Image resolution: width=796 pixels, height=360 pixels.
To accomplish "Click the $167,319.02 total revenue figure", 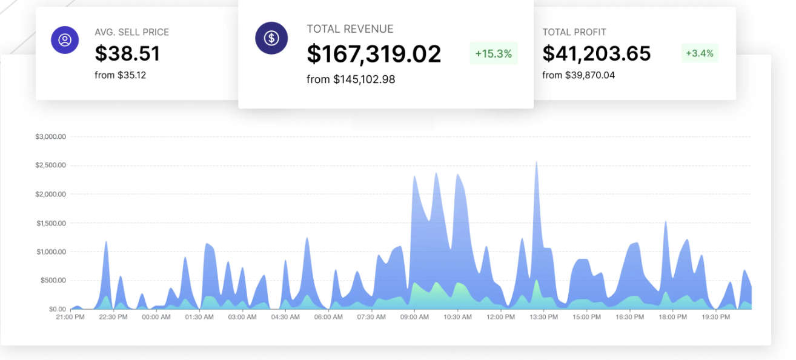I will pyautogui.click(x=374, y=54).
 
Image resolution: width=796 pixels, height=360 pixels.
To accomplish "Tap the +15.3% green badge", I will pyautogui.click(x=493, y=53).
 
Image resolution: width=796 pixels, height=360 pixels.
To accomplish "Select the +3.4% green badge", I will pyautogui.click(x=699, y=53).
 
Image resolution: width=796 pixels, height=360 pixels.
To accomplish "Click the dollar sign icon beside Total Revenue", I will pyautogui.click(x=271, y=38).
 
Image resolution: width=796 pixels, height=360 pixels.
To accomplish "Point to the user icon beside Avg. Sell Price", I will pyautogui.click(x=65, y=40).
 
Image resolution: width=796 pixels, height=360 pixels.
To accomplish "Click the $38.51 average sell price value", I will pyautogui.click(x=127, y=54).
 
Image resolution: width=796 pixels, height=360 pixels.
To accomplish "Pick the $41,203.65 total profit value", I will pyautogui.click(x=596, y=54).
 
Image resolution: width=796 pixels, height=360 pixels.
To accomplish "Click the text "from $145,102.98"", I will pyautogui.click(x=351, y=79).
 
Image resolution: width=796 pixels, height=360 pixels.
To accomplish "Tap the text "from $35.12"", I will pyautogui.click(x=120, y=75).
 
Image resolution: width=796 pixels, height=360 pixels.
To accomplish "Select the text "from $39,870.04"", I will pyautogui.click(x=578, y=75).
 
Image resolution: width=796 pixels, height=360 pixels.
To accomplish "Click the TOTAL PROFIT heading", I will pyautogui.click(x=574, y=32).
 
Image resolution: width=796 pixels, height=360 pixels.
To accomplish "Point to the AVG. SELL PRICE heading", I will pyautogui.click(x=131, y=32).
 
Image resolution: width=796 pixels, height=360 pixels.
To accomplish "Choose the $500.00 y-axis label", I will pyautogui.click(x=53, y=281).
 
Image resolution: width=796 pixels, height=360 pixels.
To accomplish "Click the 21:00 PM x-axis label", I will pyautogui.click(x=70, y=317).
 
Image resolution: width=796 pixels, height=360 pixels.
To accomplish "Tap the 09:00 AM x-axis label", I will pyautogui.click(x=414, y=317).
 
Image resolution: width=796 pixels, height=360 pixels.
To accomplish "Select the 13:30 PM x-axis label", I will pyautogui.click(x=543, y=317).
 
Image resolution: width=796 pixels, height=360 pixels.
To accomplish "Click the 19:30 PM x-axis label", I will pyautogui.click(x=716, y=317).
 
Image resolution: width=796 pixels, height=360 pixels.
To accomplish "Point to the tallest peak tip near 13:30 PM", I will pyautogui.click(x=536, y=162).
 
